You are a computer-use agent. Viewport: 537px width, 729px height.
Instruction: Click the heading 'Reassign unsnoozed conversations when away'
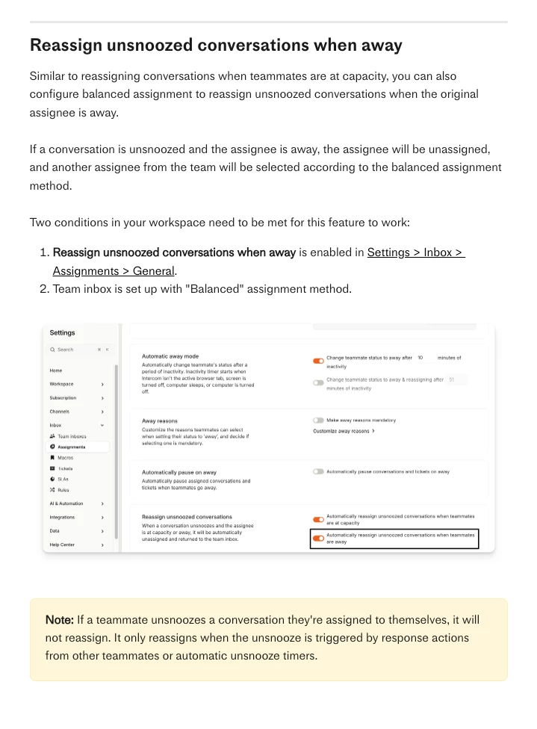(216, 45)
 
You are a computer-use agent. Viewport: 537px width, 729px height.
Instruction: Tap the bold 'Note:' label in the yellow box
(60, 620)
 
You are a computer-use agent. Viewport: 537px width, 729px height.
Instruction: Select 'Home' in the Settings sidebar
(56, 370)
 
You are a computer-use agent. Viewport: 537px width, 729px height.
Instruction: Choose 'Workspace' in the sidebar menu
(61, 384)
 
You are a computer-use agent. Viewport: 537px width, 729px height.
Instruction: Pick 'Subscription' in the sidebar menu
(63, 398)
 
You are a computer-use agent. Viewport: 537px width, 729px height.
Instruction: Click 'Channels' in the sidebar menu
(60, 412)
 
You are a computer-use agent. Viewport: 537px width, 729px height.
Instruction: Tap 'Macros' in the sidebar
(65, 457)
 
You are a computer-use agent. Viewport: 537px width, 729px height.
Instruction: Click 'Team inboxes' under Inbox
(72, 436)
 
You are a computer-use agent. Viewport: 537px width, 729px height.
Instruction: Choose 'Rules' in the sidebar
(63, 490)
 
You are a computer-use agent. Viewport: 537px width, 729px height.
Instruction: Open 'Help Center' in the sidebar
(62, 545)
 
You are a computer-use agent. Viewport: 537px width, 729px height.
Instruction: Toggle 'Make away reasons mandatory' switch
(319, 421)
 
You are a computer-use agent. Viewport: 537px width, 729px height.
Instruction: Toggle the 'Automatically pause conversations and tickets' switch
(319, 471)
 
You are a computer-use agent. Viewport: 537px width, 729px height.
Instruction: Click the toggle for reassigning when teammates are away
(319, 539)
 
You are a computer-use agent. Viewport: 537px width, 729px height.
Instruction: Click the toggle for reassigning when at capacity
(319, 519)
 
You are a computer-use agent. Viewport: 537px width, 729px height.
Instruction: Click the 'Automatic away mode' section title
(170, 356)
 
